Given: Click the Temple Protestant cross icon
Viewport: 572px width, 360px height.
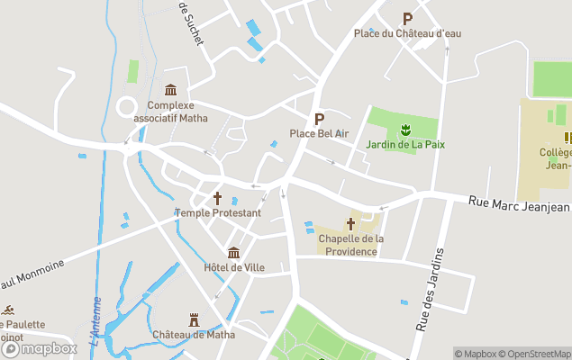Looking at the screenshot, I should [217, 198].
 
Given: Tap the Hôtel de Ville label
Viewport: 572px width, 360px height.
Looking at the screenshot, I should [233, 267].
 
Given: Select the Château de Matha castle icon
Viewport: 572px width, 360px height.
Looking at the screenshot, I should [193, 319].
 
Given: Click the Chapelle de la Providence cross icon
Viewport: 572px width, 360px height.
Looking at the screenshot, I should [350, 223].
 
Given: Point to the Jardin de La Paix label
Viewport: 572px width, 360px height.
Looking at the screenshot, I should [405, 145].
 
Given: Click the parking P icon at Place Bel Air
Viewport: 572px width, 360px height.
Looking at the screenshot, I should [318, 119].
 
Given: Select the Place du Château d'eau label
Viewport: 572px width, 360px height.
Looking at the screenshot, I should [407, 33].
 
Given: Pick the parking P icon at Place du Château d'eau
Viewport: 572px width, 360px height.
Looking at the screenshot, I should [407, 18].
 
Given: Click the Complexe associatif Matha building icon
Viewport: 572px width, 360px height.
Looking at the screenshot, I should [170, 89].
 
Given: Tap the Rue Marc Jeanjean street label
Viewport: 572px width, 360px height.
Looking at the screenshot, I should [520, 206].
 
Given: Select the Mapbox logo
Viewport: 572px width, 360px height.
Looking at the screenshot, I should [40, 349].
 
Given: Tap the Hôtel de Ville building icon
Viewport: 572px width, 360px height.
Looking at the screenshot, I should [233, 252].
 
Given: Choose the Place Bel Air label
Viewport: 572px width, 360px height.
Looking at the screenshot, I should [319, 134].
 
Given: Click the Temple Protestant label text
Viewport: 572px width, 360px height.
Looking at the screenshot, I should [218, 213].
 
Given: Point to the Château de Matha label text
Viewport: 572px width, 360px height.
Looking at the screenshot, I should [194, 335].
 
